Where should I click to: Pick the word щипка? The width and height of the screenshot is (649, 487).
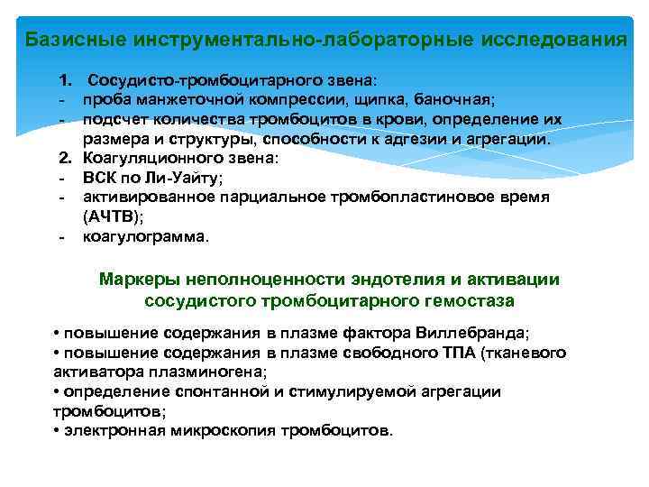364,99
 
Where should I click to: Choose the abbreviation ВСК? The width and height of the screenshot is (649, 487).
101,178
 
